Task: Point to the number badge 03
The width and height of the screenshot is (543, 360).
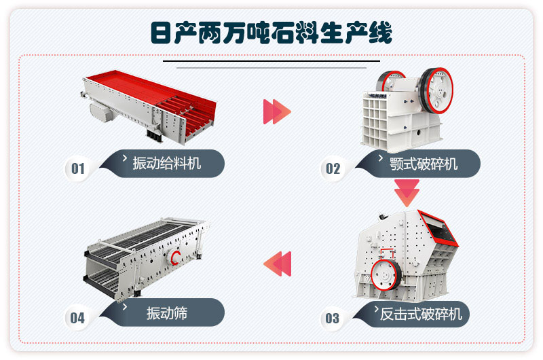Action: click(x=332, y=317)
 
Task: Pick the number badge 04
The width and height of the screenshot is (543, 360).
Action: click(x=77, y=317)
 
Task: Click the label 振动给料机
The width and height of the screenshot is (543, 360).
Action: click(x=167, y=163)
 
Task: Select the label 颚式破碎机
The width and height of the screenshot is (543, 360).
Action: click(x=424, y=164)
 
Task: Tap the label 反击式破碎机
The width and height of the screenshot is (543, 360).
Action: click(x=421, y=313)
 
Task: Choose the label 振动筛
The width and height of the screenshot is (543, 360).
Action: click(x=167, y=313)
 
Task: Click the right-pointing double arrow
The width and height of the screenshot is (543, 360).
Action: click(x=276, y=111)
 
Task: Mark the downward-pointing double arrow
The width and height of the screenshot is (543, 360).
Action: click(x=407, y=192)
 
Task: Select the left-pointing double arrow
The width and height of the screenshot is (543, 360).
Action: click(x=278, y=264)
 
